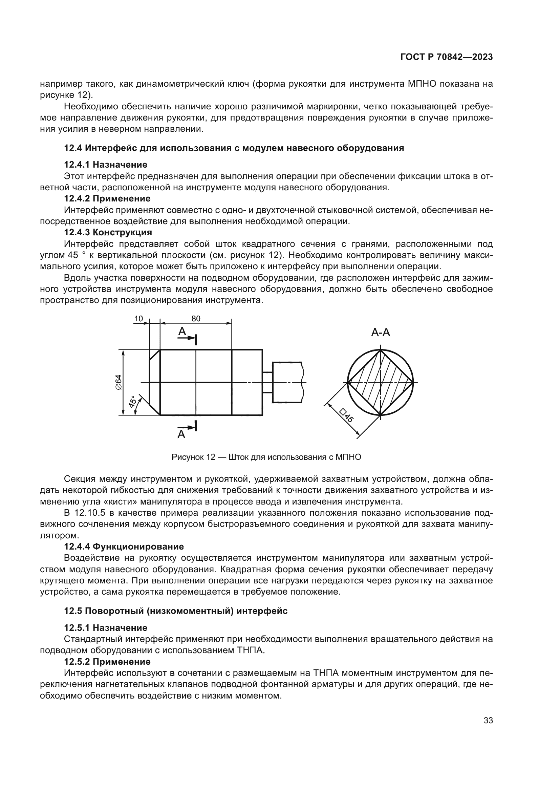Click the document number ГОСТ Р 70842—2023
click(x=447, y=57)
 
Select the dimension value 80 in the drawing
click(x=196, y=318)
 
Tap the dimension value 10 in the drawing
click(x=138, y=318)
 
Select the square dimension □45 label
click(x=346, y=416)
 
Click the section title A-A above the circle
click(x=380, y=333)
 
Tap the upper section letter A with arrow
click(x=182, y=332)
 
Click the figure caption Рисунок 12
click(x=266, y=457)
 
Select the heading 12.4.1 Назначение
click(x=106, y=165)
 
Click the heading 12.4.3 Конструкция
click(x=108, y=232)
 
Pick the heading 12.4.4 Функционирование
click(x=124, y=547)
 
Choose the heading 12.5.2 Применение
click(x=107, y=662)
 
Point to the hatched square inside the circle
click(x=380, y=382)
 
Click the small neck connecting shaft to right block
click(x=267, y=382)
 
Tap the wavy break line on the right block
click(x=302, y=382)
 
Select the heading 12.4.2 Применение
click(x=107, y=198)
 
